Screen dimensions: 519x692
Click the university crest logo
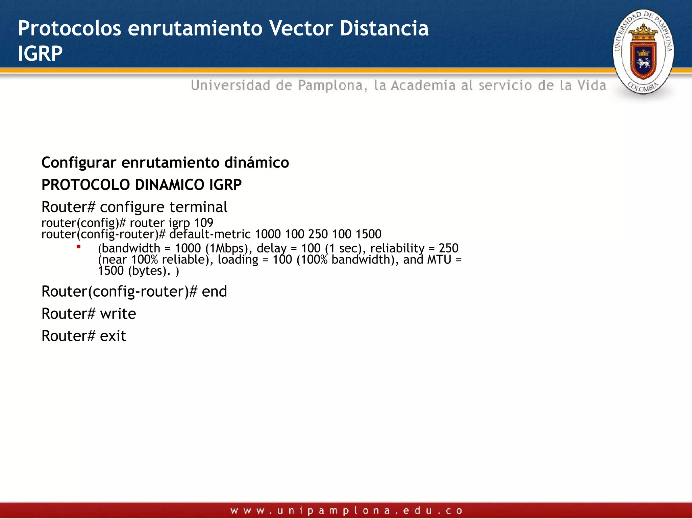pyautogui.click(x=643, y=52)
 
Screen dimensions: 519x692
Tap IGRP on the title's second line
pyautogui.click(x=40, y=53)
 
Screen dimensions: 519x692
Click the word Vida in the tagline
pyautogui.click(x=592, y=85)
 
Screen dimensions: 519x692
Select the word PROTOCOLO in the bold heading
pyautogui.click(x=85, y=185)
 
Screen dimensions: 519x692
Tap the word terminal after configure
pyautogui.click(x=198, y=207)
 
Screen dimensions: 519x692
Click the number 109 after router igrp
pyautogui.click(x=203, y=223)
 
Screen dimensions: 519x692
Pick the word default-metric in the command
pyautogui.click(x=210, y=234)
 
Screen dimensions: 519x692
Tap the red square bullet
pyautogui.click(x=78, y=247)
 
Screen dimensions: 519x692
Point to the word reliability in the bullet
pyautogui.click(x=397, y=248)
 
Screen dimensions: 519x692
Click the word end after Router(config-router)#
pyautogui.click(x=214, y=291)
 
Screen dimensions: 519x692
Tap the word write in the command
pyautogui.click(x=118, y=314)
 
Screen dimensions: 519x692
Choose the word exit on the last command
pyautogui.click(x=113, y=336)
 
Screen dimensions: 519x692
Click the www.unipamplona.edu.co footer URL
pyautogui.click(x=346, y=510)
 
